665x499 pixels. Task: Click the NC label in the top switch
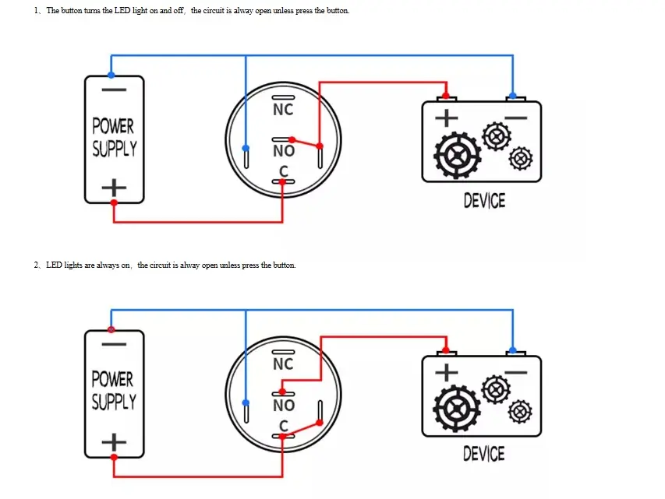[x=283, y=110]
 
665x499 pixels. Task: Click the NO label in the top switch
[x=283, y=151]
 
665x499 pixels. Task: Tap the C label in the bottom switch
[x=284, y=426]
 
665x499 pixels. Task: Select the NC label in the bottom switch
[x=283, y=364]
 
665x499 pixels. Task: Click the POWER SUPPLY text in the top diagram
[x=114, y=137]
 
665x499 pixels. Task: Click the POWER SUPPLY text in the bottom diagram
[x=114, y=391]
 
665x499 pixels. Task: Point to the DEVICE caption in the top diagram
[x=484, y=201]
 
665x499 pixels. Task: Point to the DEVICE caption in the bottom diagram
[x=484, y=454]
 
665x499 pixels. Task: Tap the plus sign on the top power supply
[x=114, y=188]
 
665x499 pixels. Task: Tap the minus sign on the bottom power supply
[x=114, y=343]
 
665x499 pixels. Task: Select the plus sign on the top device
[x=447, y=118]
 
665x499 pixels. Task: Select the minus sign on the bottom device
[x=515, y=371]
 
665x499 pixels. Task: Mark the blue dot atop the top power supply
[x=111, y=75]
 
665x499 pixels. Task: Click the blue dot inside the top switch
[x=246, y=148]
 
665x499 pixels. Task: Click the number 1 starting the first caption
[x=36, y=11]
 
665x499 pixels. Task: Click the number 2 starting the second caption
[x=36, y=265]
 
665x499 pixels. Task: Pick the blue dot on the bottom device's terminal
[x=512, y=350]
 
